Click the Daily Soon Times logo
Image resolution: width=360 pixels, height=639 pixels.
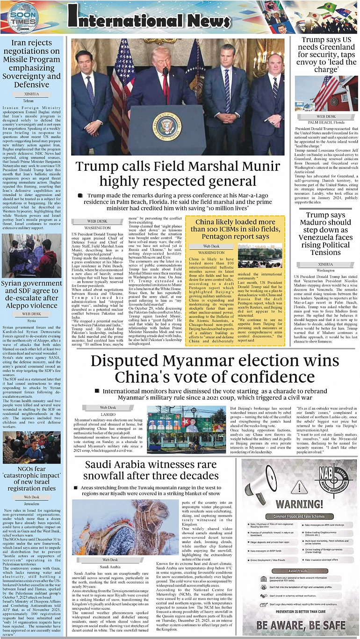click(23, 18)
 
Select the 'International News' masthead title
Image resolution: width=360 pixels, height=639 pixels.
click(149, 18)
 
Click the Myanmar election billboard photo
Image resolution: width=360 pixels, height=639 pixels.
click(185, 429)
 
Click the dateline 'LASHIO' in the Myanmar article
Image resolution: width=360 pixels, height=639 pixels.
click(108, 414)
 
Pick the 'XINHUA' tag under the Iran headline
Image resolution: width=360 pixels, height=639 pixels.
click(31, 94)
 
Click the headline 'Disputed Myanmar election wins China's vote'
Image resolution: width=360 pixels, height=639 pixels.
click(215, 369)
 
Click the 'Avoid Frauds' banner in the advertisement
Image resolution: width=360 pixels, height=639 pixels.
click(298, 571)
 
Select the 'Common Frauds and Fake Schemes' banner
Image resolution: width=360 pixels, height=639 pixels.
click(299, 517)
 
